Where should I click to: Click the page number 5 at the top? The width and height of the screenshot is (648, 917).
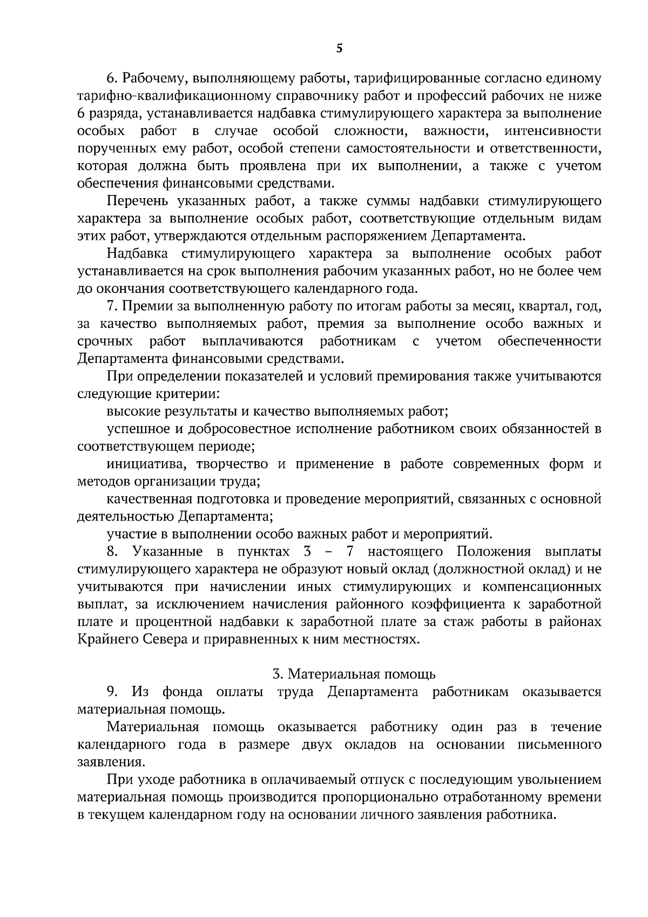pos(339,49)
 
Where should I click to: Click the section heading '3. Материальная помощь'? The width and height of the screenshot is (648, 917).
pos(354,674)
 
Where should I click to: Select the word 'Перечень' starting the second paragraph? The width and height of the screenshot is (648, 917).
pos(138,201)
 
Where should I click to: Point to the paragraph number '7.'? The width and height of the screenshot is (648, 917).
pos(112,306)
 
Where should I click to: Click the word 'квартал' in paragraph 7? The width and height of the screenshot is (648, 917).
pos(541,306)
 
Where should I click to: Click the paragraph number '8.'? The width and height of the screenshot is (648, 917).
pos(112,552)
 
